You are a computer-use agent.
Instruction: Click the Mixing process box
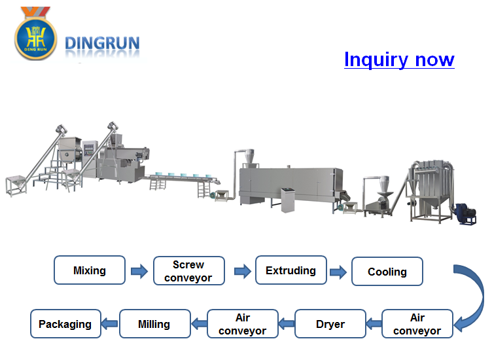pos(90,270)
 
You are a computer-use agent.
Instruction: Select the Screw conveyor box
pos(188,271)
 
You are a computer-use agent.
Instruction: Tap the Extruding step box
pos(290,270)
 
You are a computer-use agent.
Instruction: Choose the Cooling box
pos(387,272)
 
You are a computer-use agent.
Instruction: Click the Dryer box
pos(330,324)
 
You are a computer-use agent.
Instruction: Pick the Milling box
pos(154,324)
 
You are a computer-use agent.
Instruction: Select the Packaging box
pos(65,324)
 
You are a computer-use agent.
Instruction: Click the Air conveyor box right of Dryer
pos(417,324)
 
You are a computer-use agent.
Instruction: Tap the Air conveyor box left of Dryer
pos(243,324)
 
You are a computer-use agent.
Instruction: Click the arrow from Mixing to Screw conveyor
pos(139,271)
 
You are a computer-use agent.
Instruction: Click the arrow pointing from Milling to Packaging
pos(110,323)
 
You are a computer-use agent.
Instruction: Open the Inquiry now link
pos(399,60)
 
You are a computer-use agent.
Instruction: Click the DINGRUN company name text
pos(102,44)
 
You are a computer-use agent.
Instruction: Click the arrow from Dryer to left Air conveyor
pos(286,323)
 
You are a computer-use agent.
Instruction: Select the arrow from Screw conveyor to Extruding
pos(241,271)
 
